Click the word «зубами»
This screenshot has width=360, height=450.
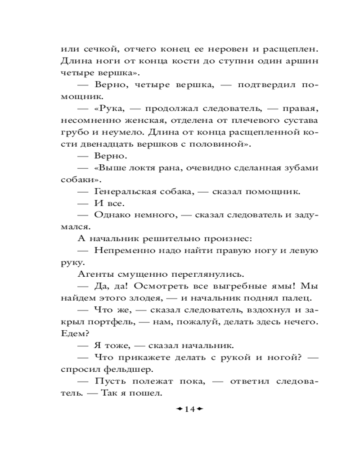pos(300,168)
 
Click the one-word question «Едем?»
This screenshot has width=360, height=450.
pos(74,333)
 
